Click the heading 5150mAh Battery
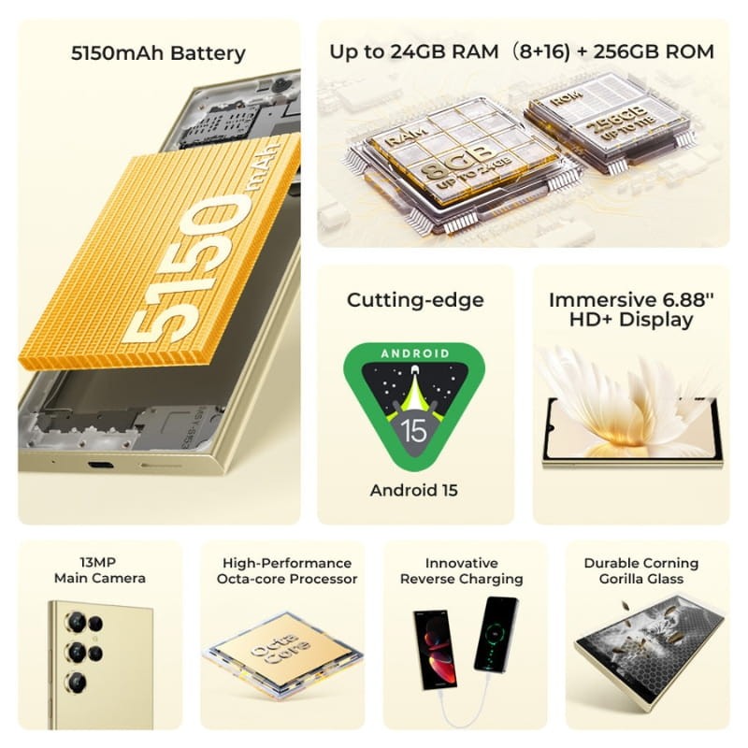[x=158, y=52]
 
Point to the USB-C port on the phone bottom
[x=99, y=465]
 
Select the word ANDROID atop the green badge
[x=414, y=353]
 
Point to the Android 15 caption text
[x=414, y=490]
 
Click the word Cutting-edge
[x=415, y=300]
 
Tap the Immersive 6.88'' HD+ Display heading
[x=629, y=309]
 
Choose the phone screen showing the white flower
[x=632, y=429]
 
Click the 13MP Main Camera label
[x=100, y=570]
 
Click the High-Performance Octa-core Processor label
[x=287, y=570]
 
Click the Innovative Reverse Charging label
[x=461, y=570]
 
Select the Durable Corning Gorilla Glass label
[x=640, y=570]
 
